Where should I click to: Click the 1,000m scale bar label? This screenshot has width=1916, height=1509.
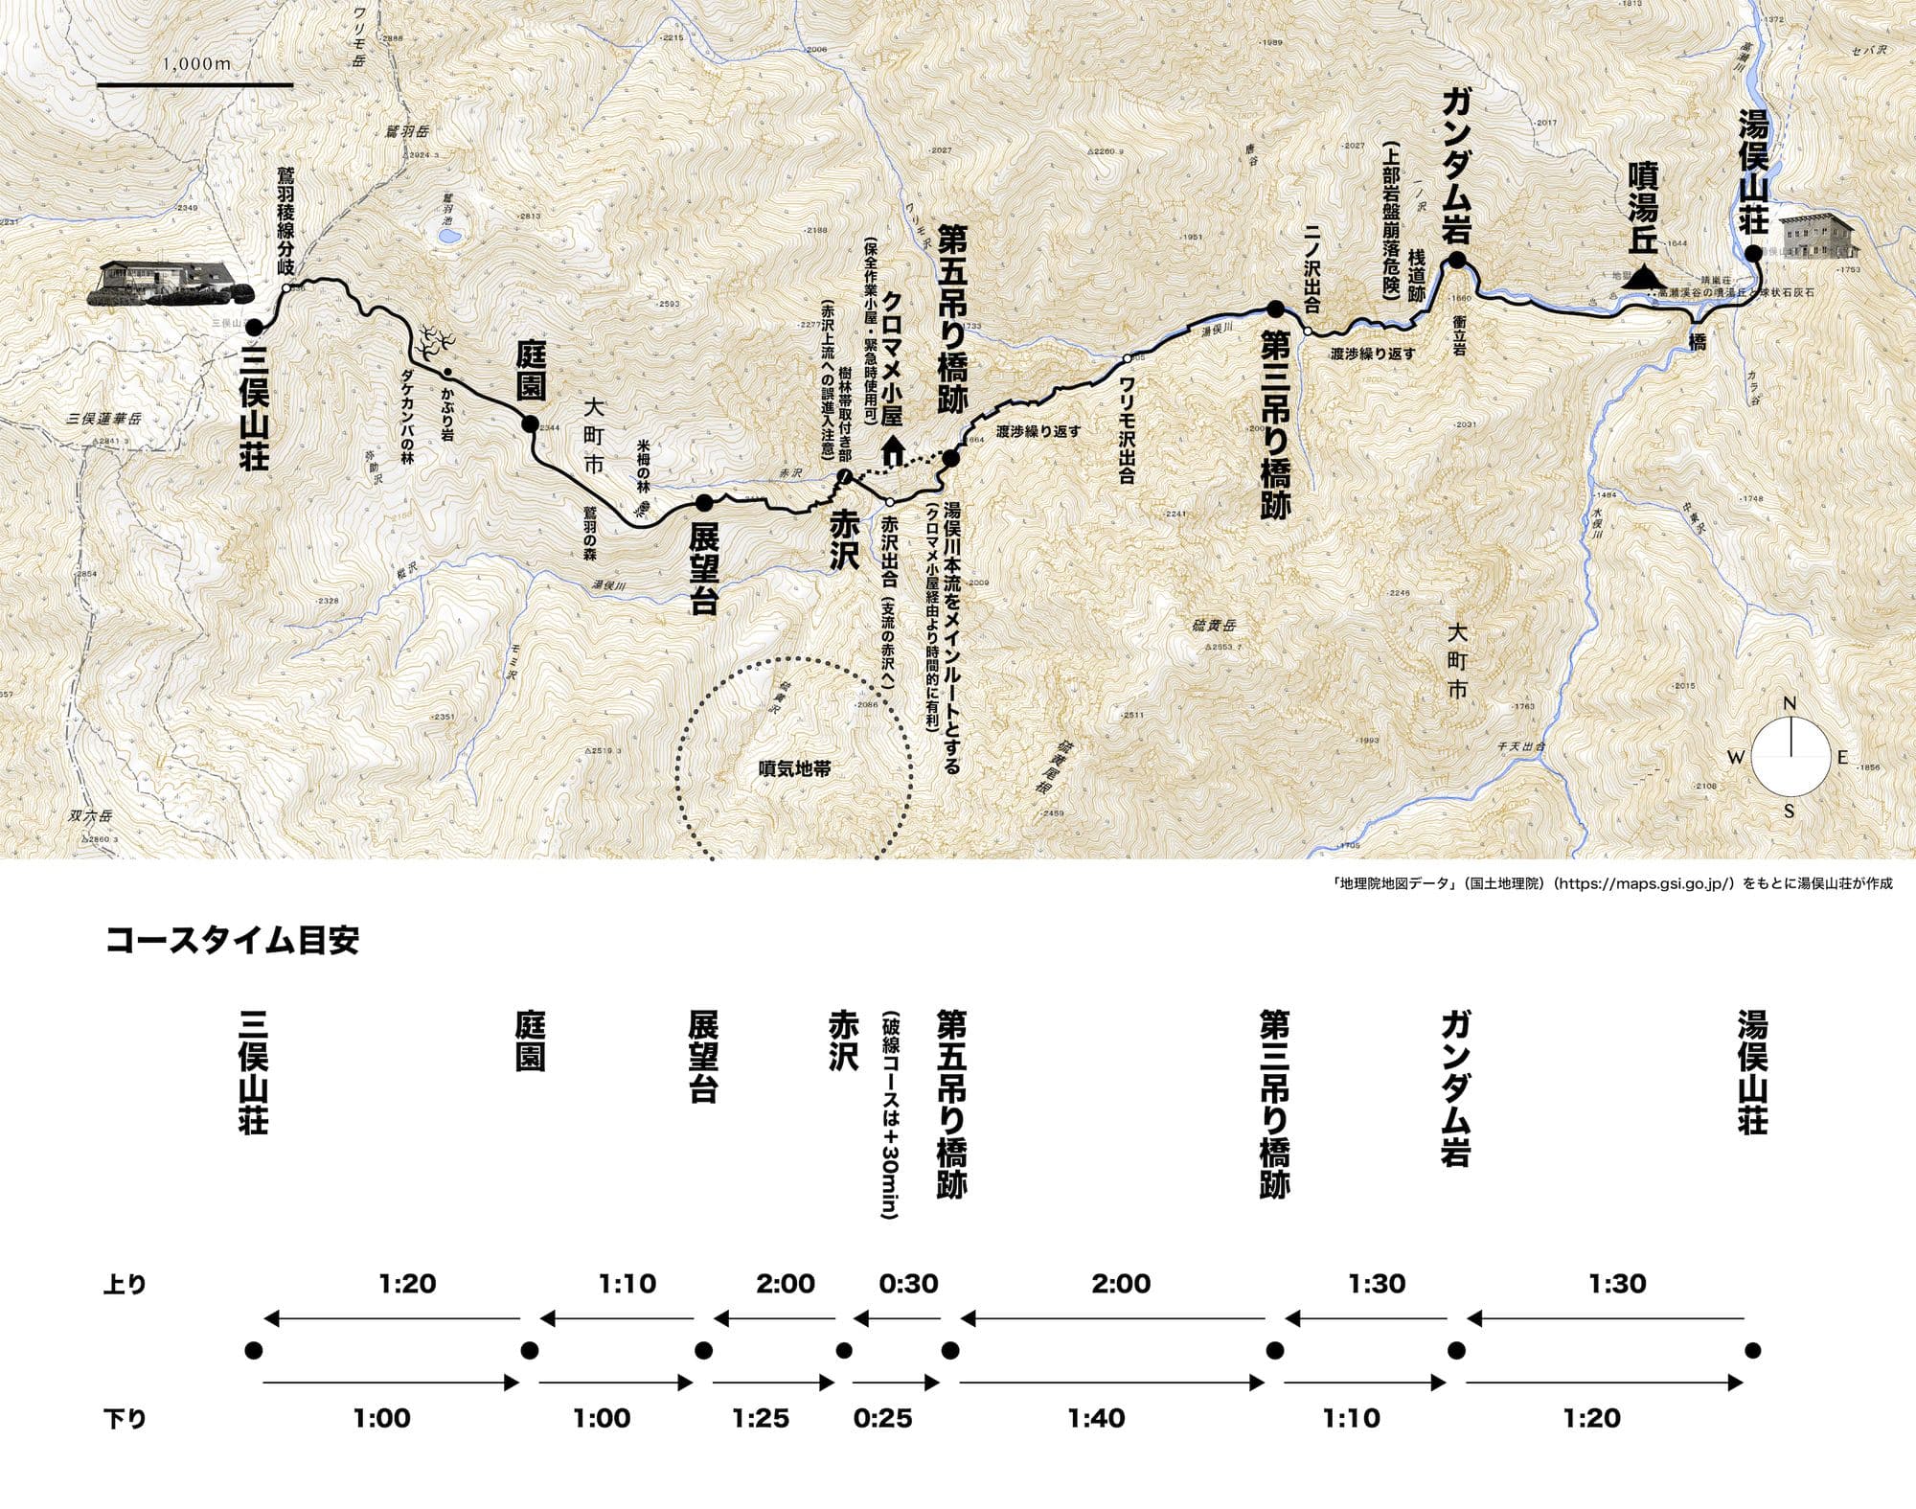click(x=196, y=64)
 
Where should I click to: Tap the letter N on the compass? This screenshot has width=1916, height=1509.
click(x=1789, y=705)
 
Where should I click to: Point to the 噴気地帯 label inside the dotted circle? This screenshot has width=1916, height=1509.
click(x=794, y=768)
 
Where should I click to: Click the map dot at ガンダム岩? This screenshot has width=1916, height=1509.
click(x=1456, y=261)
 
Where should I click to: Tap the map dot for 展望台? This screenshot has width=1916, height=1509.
click(x=703, y=502)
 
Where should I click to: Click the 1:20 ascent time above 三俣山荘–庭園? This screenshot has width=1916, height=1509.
click(x=408, y=1284)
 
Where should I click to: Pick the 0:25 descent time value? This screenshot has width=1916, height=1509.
click(x=883, y=1418)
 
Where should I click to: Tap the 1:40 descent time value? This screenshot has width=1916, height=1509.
click(x=1097, y=1418)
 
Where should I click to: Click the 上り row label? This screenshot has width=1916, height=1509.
click(x=125, y=1285)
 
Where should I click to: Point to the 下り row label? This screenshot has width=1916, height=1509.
click(x=125, y=1419)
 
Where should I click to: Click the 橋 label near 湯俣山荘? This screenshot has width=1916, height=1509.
click(x=1697, y=342)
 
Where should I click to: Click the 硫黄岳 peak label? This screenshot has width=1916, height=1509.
click(x=1217, y=627)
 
